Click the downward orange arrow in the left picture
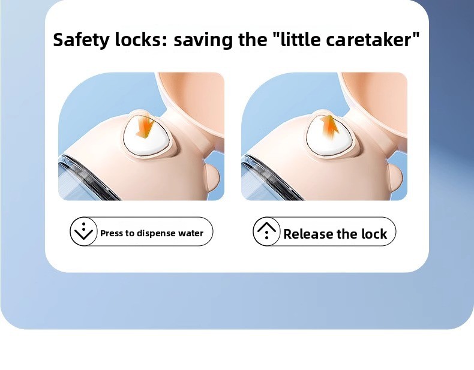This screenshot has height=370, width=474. (x=145, y=127)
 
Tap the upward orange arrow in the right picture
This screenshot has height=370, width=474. (x=330, y=127)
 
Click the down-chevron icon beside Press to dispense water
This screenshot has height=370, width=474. (x=84, y=231)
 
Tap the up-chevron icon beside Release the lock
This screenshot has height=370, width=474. (x=266, y=231)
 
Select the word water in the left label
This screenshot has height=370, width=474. (x=191, y=233)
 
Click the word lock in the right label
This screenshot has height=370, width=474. (x=374, y=234)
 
